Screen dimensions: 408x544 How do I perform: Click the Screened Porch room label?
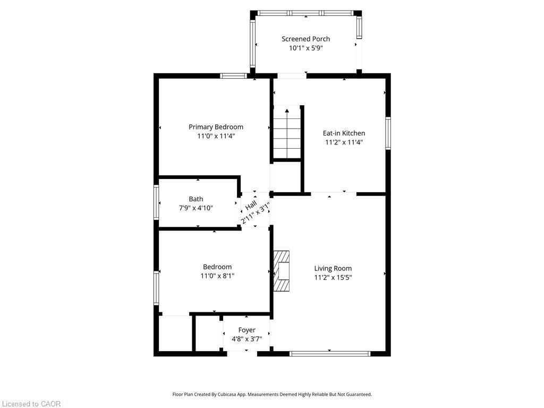(x=305, y=39)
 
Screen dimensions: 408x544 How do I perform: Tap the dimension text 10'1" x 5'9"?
(x=305, y=48)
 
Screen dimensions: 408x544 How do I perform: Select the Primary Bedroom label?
(x=216, y=127)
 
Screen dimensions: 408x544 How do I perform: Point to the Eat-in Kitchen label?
(x=344, y=133)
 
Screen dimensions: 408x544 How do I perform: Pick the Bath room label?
(x=195, y=199)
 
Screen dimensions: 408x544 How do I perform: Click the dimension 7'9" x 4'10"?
(x=195, y=208)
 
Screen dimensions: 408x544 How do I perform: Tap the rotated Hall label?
(x=251, y=205)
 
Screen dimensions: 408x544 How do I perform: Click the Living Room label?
(x=333, y=268)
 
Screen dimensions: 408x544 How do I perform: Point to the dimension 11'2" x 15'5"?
(x=333, y=277)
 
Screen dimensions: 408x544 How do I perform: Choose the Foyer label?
(x=246, y=330)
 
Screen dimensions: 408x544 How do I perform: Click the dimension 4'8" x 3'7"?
(x=246, y=339)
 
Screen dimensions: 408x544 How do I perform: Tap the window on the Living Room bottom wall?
(x=330, y=353)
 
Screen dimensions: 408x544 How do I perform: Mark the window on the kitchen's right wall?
(x=388, y=133)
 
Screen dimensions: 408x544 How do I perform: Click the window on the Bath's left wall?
(x=156, y=202)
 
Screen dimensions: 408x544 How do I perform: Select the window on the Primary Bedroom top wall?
(x=233, y=76)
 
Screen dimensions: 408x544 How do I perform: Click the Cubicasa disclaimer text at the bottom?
(x=272, y=394)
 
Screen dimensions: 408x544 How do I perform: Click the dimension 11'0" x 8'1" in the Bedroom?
(x=217, y=276)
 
